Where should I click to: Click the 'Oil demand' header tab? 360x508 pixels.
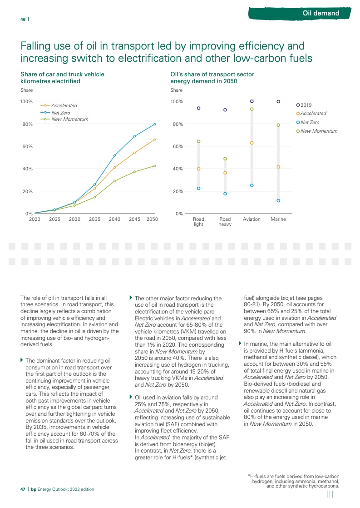pos(321,13)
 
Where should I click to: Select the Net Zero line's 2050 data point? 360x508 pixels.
pos(154,124)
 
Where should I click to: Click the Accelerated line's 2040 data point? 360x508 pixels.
pos(114,168)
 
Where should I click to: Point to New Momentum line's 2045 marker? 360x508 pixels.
pos(134,172)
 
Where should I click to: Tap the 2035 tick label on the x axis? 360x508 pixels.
pos(94,219)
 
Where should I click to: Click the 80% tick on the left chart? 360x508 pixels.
pos(27,124)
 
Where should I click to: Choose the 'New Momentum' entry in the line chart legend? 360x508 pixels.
pos(69,119)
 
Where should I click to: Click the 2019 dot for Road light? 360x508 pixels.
pos(198,108)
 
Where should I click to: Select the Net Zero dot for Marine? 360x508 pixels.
pos(278,200)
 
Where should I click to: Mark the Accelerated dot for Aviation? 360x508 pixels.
pos(252,143)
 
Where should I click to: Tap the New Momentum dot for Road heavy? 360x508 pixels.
pos(225,159)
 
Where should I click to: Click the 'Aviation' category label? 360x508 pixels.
pos(252,219)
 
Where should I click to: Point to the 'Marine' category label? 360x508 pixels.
pos(278,219)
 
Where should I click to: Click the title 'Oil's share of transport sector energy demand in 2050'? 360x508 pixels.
pos(212,77)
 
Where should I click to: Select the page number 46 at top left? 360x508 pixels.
pos(23,19)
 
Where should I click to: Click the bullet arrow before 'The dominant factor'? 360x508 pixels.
pos(22,348)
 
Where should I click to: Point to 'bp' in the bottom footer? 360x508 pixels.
pos(34,489)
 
